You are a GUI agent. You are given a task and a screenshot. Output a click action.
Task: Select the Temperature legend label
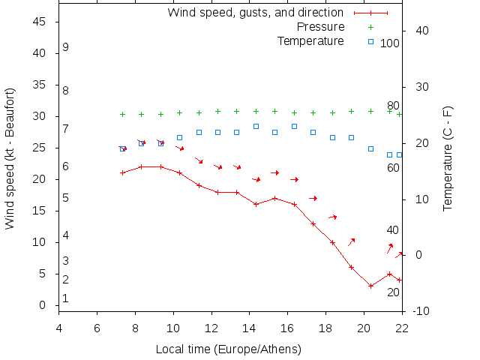click(310, 40)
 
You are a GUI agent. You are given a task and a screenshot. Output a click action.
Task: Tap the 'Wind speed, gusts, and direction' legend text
click(256, 13)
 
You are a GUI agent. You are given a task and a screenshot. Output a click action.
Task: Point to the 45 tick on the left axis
click(40, 22)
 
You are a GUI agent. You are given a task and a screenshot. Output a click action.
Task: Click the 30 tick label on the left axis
click(40, 116)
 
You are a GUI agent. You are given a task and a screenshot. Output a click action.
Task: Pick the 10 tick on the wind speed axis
click(40, 242)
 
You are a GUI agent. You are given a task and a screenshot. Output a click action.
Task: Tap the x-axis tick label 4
click(59, 327)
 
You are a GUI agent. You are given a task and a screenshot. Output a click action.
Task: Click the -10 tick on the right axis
click(421, 311)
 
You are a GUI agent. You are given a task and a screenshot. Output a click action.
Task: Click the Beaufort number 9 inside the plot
click(66, 47)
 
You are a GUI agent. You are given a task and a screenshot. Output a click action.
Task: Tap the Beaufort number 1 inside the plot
click(66, 298)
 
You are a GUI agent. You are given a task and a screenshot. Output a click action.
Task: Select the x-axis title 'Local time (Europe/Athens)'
click(228, 349)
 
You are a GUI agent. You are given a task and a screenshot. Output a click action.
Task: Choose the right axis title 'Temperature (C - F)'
click(447, 158)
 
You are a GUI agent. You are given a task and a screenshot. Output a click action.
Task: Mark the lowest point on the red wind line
click(370, 286)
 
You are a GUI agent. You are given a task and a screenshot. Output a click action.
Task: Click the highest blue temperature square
click(256, 126)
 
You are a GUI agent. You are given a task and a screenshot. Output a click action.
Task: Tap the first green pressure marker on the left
click(122, 115)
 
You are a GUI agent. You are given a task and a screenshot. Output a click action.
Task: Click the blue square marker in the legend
click(370, 41)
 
